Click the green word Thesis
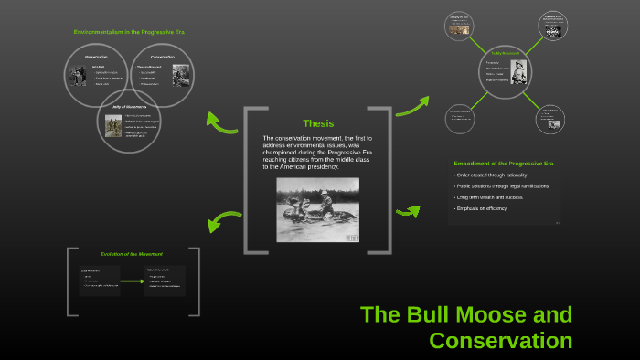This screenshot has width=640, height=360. [318, 123]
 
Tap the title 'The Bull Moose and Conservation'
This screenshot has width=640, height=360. [467, 327]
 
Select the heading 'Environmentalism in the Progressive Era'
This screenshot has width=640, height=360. [129, 32]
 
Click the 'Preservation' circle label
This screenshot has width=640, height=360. [97, 57]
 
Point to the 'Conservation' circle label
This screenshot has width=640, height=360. [163, 57]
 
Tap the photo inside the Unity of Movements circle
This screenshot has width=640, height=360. [113, 126]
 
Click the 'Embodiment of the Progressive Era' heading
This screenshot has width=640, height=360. [504, 163]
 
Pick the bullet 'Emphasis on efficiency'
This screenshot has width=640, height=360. [484, 208]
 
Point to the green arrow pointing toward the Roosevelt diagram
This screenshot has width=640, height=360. [412, 105]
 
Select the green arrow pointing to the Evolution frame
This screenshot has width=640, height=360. [221, 221]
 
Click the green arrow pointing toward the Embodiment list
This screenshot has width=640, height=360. [408, 212]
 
